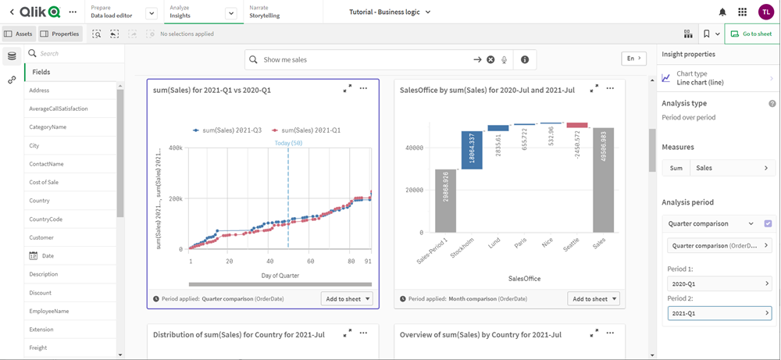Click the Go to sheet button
point(752,34)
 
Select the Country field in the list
point(40,201)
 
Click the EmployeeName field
point(49,311)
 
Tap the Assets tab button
point(19,34)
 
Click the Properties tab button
point(60,34)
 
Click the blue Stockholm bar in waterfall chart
point(472,148)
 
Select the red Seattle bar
point(577,125)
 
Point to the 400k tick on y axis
point(175,148)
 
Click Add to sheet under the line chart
point(347,299)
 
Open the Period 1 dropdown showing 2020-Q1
point(719,284)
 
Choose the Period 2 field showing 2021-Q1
point(719,313)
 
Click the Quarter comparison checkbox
point(768,224)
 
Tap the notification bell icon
point(722,12)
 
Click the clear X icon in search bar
point(490,60)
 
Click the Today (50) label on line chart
point(289,143)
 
